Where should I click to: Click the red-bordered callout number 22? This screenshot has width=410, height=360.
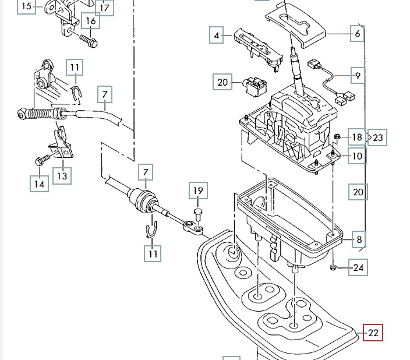point(373,333)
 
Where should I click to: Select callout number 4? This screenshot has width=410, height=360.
point(217,36)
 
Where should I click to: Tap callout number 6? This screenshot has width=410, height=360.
point(357,34)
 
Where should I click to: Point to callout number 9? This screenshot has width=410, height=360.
point(357,75)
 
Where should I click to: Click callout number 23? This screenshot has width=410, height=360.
point(378,138)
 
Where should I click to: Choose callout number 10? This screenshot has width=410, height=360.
point(357,156)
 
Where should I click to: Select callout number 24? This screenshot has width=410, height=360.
point(358,269)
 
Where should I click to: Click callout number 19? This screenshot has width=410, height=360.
point(197,190)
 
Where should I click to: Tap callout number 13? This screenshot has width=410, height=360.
point(62,175)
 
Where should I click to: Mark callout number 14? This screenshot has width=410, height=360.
point(39,184)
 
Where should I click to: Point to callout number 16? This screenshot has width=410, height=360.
point(91,22)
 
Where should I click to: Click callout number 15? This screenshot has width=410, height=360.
point(26,7)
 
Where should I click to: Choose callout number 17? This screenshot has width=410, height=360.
point(105,8)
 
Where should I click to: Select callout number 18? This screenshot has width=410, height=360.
point(357,138)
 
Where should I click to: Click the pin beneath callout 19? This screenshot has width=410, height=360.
point(197,214)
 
